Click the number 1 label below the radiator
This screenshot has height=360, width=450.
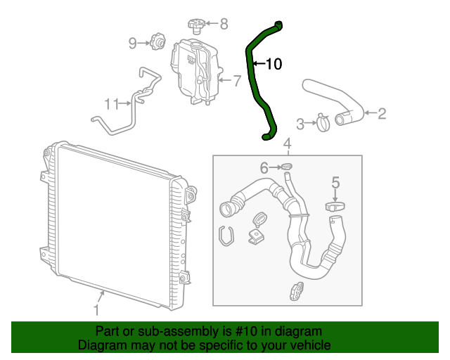click(x=97, y=308)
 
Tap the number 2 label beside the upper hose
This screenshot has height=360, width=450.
click(x=382, y=113)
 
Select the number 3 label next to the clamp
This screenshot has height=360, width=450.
click(x=300, y=124)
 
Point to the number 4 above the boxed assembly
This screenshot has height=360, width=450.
click(x=287, y=145)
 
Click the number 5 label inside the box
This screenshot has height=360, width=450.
click(x=336, y=183)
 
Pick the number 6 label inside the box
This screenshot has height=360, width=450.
click(x=264, y=167)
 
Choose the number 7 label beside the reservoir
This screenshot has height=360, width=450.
click(x=237, y=81)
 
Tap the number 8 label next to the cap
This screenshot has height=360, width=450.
click(x=224, y=25)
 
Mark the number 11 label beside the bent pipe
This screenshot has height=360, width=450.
click(x=112, y=104)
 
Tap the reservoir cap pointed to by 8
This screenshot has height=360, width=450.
click(x=196, y=26)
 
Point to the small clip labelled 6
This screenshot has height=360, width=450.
click(x=287, y=167)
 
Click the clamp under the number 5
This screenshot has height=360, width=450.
click(x=336, y=207)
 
